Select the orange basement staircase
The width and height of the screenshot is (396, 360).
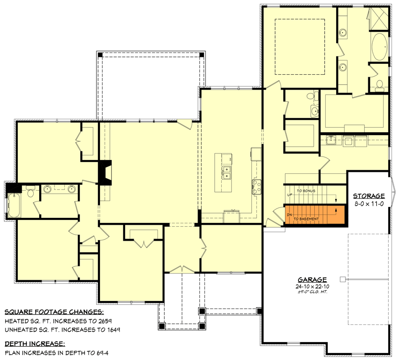pos(314,215)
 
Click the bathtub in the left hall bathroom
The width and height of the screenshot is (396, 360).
pos(13,205)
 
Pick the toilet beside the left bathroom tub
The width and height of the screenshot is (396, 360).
pos(30,192)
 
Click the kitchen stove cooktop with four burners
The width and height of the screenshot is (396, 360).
pos(256,186)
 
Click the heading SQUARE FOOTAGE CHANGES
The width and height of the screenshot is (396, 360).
pos(54,312)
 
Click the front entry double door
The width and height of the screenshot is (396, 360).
pos(182,269)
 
